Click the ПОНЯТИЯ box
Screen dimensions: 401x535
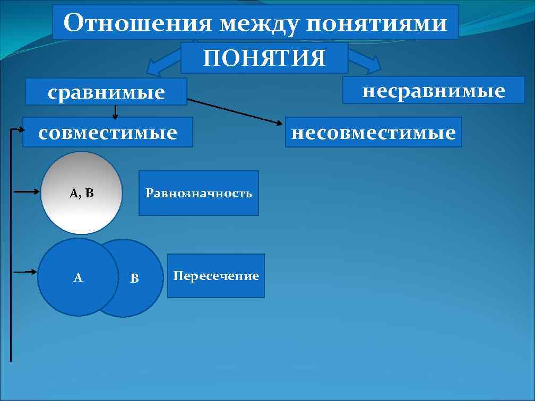tap(264, 58)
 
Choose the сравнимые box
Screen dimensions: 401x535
tap(107, 92)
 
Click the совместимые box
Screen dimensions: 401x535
tap(108, 132)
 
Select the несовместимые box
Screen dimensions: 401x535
tap(373, 132)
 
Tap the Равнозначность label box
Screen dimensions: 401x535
tap(199, 193)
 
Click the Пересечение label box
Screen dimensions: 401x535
tap(215, 276)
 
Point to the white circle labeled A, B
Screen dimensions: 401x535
tap(81, 212)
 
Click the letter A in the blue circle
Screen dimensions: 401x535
tap(78, 277)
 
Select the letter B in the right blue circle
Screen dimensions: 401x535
tap(135, 278)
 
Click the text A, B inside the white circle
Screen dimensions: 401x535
tap(81, 193)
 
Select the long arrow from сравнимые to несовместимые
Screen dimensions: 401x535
tap(234, 112)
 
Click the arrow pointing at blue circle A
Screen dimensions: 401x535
tap(25, 272)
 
